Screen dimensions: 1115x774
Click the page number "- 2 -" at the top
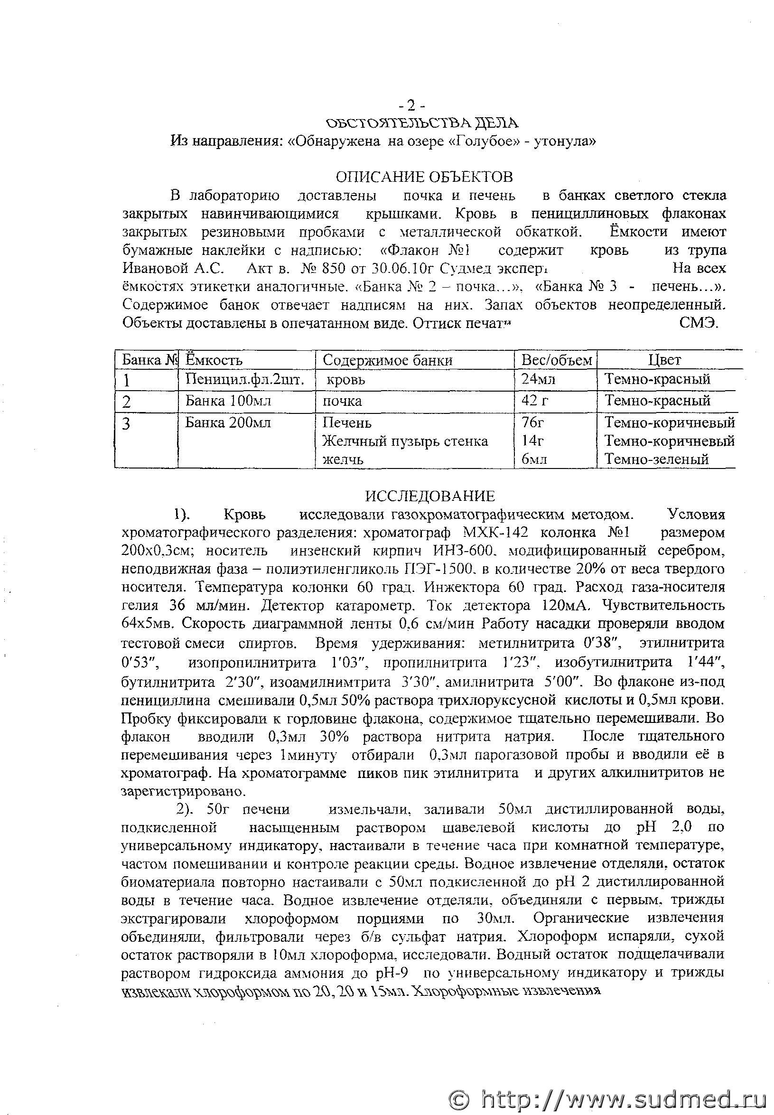(412, 105)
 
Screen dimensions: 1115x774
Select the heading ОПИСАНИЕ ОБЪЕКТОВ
(424, 177)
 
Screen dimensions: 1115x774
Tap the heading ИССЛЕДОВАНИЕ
(430, 496)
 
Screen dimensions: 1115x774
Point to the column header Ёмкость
(214, 360)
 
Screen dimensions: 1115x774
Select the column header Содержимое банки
(388, 360)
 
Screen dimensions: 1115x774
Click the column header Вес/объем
(556, 360)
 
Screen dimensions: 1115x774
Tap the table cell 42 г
(535, 401)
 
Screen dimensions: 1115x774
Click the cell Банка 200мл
(228, 422)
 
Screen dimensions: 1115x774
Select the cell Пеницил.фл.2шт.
(245, 379)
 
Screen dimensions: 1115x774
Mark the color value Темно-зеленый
(657, 459)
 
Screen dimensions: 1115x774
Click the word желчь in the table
(343, 459)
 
